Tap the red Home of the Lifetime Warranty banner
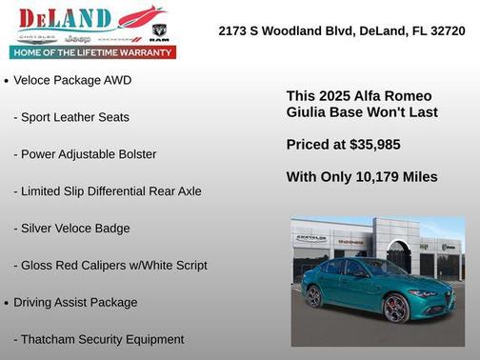coord(92,52)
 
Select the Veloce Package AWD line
coord(72,80)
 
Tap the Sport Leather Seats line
coord(71,117)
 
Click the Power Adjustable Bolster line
coord(85,154)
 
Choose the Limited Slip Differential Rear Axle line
coord(108,191)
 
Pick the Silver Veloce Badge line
coord(71,229)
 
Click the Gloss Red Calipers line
coord(110,266)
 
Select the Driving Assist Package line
coord(75,302)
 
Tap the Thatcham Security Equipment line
coord(98,339)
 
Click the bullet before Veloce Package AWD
coord(7,81)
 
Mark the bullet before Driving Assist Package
coord(7,303)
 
